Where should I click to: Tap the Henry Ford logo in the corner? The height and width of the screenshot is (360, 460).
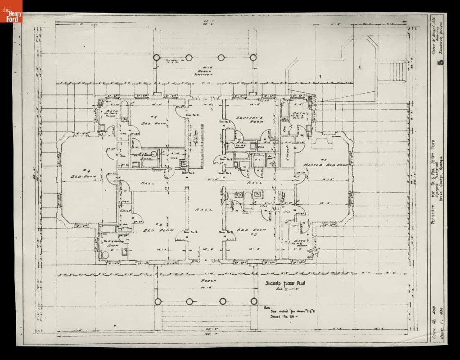tap(11, 12)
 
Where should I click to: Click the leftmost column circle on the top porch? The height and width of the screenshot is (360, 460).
tap(157, 58)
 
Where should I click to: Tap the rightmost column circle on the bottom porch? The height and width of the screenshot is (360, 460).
tap(254, 301)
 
